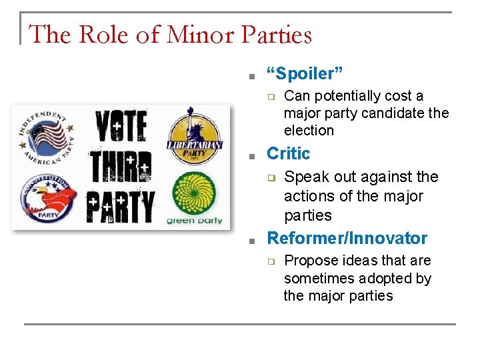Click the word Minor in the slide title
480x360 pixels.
[x=194, y=34]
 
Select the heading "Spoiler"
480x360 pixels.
[x=305, y=73]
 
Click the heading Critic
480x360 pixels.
[x=289, y=153]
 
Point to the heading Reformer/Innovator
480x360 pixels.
[x=347, y=238]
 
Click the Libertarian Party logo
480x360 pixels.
[x=194, y=135]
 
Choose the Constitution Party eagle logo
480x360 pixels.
[x=47, y=199]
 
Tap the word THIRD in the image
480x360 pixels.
[x=121, y=167]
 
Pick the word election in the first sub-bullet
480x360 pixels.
[x=309, y=131]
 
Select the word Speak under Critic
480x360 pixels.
[x=305, y=177]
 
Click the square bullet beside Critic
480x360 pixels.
[x=253, y=155]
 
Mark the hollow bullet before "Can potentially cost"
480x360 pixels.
[x=271, y=97]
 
